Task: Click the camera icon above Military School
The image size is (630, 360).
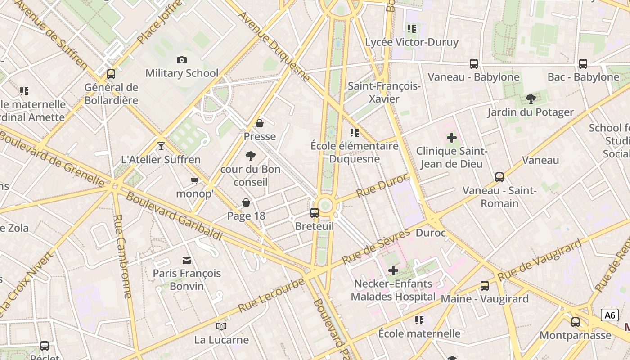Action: (182, 60)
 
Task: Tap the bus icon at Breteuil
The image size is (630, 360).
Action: (315, 213)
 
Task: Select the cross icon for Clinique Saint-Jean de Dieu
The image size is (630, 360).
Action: (452, 138)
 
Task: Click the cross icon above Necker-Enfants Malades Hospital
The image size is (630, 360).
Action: (393, 270)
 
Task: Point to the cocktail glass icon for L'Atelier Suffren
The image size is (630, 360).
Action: (161, 146)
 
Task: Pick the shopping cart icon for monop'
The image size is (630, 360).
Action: (194, 180)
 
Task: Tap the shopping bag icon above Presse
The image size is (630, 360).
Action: (260, 123)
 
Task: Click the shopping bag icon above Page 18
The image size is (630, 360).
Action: (246, 202)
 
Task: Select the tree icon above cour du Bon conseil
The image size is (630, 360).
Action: (251, 156)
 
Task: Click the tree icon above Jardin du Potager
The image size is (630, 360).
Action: (531, 99)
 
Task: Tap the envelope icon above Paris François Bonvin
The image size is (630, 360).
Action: (186, 260)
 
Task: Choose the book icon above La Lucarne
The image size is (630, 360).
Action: (221, 326)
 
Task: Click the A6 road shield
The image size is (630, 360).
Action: (610, 315)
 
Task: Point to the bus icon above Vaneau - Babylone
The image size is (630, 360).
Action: (474, 64)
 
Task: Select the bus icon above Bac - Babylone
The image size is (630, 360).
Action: (583, 64)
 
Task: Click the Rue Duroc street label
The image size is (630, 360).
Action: (382, 185)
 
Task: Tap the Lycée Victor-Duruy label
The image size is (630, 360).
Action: (412, 42)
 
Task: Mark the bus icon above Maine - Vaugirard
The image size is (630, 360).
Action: (485, 286)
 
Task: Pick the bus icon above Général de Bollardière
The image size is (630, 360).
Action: (111, 74)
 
